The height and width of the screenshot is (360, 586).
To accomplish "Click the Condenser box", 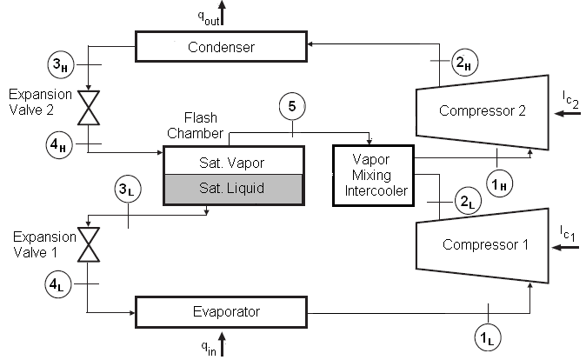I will (222, 47).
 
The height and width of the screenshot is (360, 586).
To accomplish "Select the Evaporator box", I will (222, 310).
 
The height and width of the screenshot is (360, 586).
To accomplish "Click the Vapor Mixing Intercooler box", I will (373, 175).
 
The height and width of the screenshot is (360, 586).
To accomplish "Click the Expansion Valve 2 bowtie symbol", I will (88, 109).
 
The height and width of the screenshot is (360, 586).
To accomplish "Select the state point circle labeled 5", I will (292, 106).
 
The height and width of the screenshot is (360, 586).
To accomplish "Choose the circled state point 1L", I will (488, 337).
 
